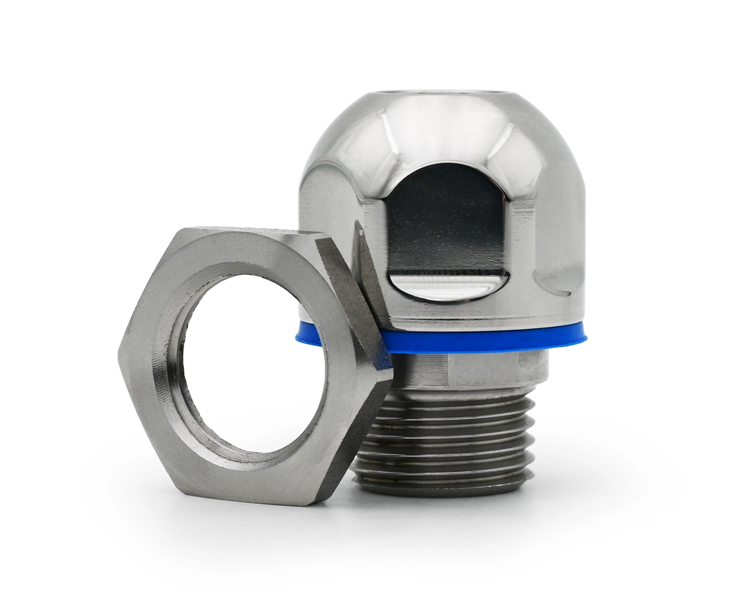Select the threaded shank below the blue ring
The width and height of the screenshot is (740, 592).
pos(450,432)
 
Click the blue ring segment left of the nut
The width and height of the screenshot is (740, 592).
pos(308,334)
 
